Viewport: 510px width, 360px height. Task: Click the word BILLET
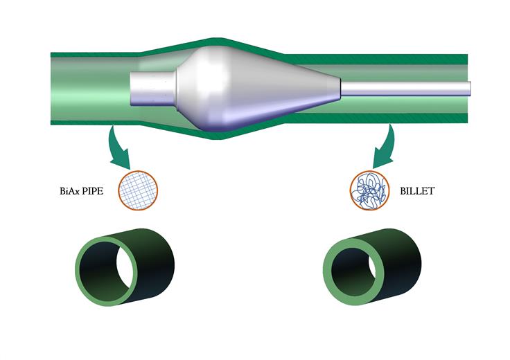(x=417, y=190)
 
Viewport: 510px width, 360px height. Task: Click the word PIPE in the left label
(x=92, y=190)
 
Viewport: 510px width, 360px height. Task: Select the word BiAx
(x=69, y=190)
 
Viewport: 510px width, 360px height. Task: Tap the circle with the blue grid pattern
(x=138, y=190)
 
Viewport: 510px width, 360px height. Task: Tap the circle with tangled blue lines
(x=370, y=190)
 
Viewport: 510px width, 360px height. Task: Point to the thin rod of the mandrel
(x=405, y=89)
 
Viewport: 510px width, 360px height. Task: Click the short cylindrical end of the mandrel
(x=152, y=88)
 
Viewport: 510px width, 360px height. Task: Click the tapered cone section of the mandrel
(x=286, y=89)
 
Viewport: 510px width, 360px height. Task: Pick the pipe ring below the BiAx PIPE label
(x=125, y=267)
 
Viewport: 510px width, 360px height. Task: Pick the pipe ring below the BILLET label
(x=372, y=267)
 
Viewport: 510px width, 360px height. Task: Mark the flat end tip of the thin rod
(x=471, y=89)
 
